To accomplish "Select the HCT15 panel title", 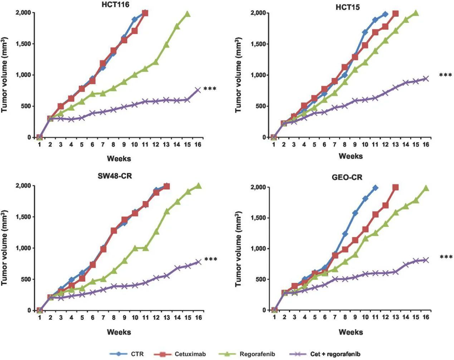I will pos(347,7).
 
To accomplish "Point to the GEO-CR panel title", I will pos(347,177).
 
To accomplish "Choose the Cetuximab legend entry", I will pos(180,354).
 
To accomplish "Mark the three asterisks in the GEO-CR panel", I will pos(446,257).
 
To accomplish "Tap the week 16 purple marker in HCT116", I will pos(198,90).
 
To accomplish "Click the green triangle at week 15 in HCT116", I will pos(187,14).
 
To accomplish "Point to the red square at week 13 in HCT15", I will pos(395,14).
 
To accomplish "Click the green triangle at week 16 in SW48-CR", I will pos(198,186).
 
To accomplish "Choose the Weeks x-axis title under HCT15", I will pos(350,156).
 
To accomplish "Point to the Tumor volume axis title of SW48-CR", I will pos(5,248).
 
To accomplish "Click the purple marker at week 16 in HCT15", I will pos(426,78).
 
